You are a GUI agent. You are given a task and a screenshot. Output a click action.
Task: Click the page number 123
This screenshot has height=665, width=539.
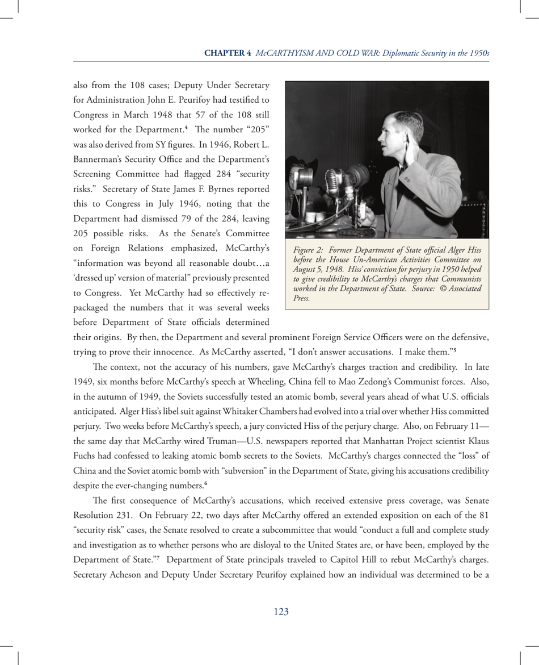(281, 611)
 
